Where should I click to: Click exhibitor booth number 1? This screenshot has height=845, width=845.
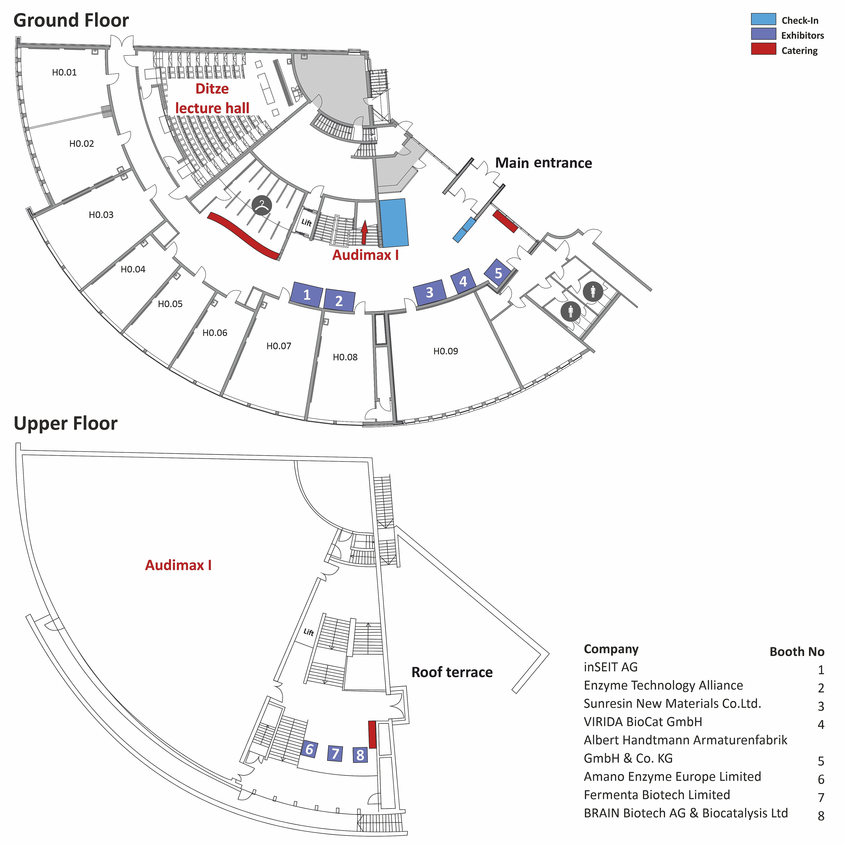click(307, 294)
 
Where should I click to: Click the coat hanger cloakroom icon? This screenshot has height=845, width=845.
click(262, 206)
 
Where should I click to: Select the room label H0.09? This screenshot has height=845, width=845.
click(446, 351)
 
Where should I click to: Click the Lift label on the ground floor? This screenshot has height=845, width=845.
click(306, 223)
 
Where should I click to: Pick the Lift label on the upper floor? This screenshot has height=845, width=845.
click(309, 632)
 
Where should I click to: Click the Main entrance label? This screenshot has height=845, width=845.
click(544, 163)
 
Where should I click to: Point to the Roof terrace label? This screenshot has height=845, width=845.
click(452, 672)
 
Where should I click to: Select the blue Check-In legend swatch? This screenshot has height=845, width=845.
click(764, 19)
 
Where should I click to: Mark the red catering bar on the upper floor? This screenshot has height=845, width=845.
click(373, 734)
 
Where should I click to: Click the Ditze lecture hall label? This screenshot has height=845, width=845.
click(212, 98)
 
